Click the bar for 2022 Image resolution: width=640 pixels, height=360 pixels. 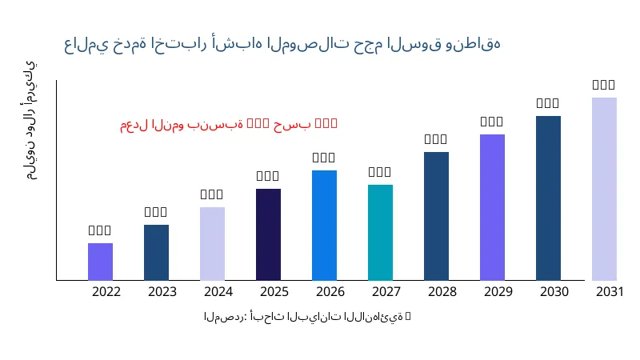coord(100,262)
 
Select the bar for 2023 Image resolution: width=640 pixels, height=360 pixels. coord(156,253)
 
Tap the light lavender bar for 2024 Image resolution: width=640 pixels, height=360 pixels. coord(212,244)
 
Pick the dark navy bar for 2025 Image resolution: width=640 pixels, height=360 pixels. coord(268,234)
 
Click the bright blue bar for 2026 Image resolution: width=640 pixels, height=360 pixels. coord(324,226)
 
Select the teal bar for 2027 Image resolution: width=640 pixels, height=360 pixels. coord(380,233)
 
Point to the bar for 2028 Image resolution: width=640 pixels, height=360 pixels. coord(436,216)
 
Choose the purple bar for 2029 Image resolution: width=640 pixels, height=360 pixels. coord(492,207)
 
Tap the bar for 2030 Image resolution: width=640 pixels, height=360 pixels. coord(548,198)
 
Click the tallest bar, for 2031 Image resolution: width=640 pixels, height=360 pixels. coord(604,189)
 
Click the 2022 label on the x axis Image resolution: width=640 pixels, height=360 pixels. coord(106,292)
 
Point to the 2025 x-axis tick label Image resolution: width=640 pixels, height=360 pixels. coord(274,292)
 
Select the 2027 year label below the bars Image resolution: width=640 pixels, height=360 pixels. coord(386,292)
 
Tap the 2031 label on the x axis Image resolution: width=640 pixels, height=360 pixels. coord(610,292)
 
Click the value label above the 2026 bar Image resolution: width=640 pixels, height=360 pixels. coord(324,158)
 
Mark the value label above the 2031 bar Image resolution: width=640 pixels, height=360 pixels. coord(604,85)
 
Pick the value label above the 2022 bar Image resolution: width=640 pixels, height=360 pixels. coord(100,230)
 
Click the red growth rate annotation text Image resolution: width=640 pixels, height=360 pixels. coord(229,124)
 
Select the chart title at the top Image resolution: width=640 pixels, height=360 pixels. coord(286,44)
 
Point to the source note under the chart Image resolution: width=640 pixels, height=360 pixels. coord(307,318)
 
